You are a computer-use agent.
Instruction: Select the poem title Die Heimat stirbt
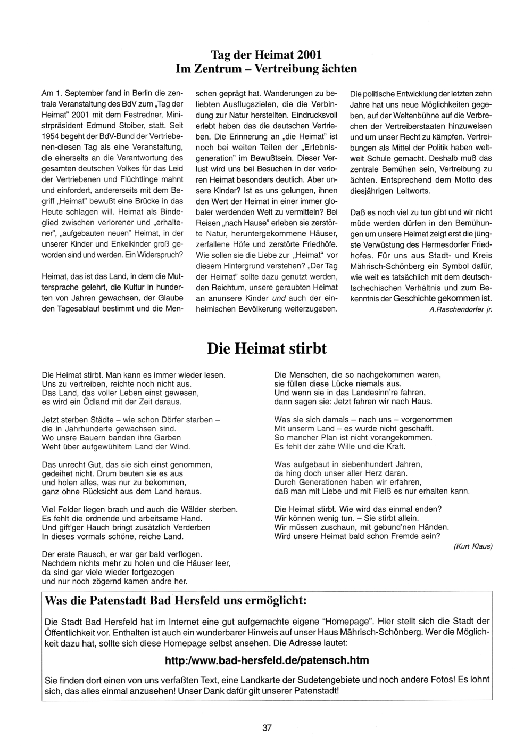[267, 348]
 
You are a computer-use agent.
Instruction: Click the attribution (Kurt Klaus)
[473, 546]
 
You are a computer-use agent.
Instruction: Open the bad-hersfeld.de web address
[267, 660]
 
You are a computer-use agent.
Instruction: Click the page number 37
[267, 728]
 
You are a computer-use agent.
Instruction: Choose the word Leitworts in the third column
[413, 191]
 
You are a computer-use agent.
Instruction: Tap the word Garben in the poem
[169, 437]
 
